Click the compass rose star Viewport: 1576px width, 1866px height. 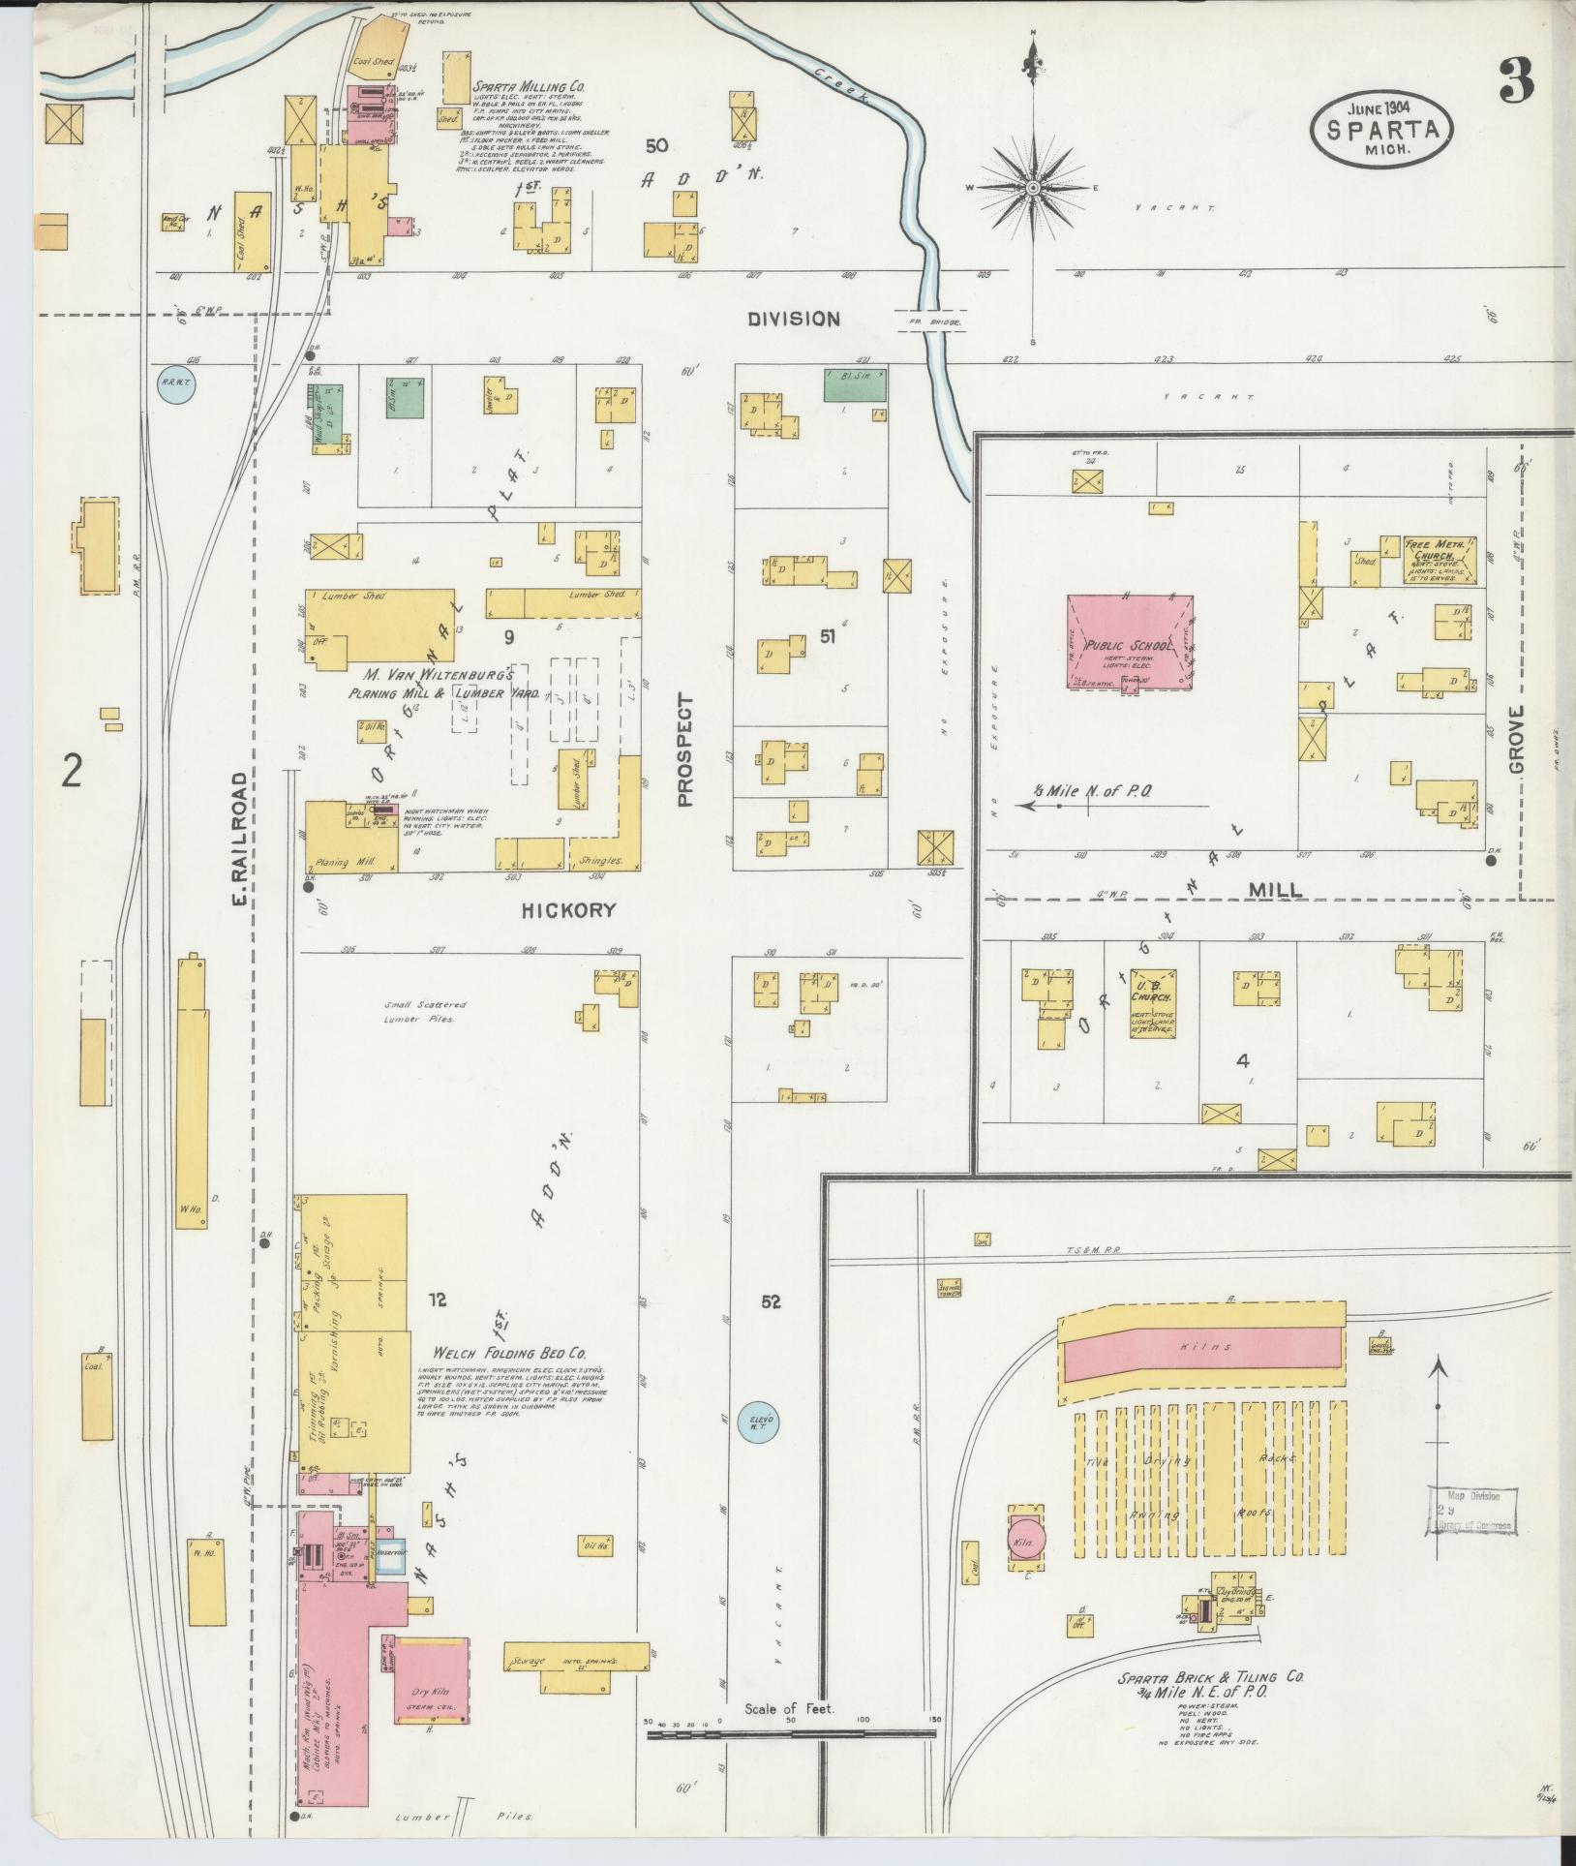[1033, 186]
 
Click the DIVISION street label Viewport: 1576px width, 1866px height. [793, 319]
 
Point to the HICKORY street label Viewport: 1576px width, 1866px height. [568, 910]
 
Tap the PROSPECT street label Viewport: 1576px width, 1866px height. [685, 749]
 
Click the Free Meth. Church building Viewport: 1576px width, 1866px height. [1441, 560]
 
